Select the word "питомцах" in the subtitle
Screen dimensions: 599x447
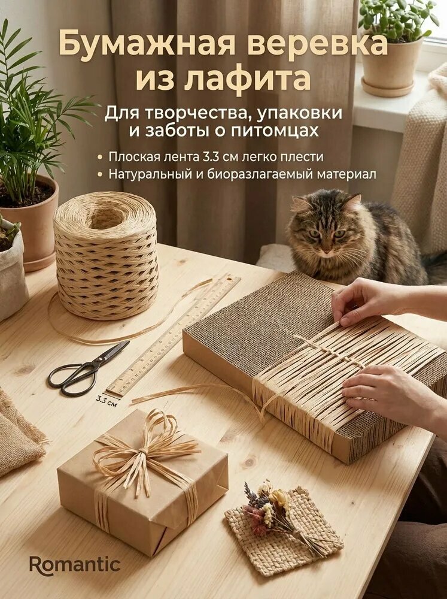pyautogui.click(x=281, y=131)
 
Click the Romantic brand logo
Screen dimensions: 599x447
pyautogui.click(x=75, y=565)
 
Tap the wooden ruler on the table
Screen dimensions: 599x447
pyautogui.click(x=174, y=335)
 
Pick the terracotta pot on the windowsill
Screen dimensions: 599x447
pyautogui.click(x=392, y=66)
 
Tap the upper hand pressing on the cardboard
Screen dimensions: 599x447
pyautogui.click(x=365, y=299)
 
